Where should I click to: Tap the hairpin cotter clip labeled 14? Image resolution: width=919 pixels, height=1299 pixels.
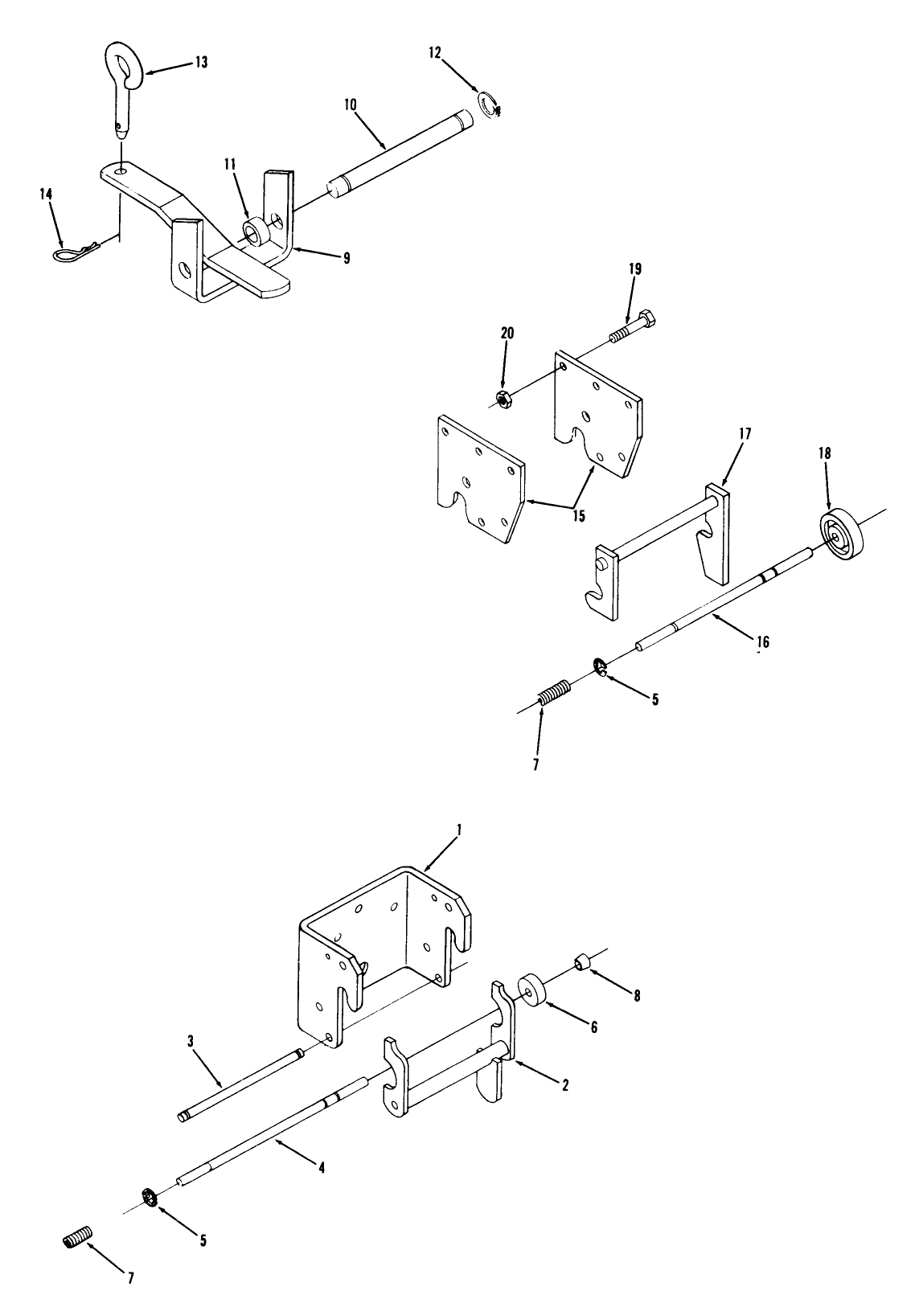point(76,252)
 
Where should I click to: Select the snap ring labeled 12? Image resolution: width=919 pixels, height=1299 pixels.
point(489,104)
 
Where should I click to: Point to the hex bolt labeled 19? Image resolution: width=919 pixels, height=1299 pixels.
point(634,327)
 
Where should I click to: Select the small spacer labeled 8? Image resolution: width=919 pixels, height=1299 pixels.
point(581,961)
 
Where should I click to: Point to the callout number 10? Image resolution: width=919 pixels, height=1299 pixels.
point(351,104)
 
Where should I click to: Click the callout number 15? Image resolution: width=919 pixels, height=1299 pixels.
point(578,515)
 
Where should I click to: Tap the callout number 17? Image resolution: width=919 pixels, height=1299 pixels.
point(745,434)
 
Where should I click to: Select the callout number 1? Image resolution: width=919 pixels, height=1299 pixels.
point(458,830)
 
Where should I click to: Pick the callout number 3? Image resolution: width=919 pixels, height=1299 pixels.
point(191,1041)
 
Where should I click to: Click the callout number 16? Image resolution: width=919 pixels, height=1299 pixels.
point(762,641)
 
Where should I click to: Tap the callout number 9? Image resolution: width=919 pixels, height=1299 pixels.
point(347,258)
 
